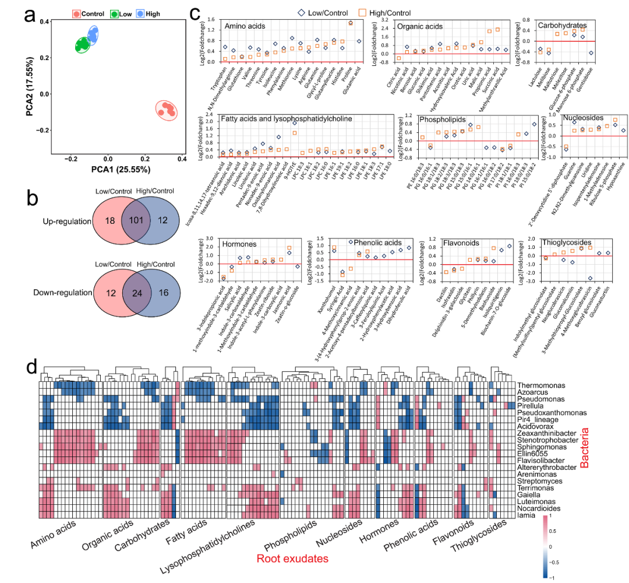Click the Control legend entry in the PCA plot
[89, 13]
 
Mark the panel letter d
[33, 368]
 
